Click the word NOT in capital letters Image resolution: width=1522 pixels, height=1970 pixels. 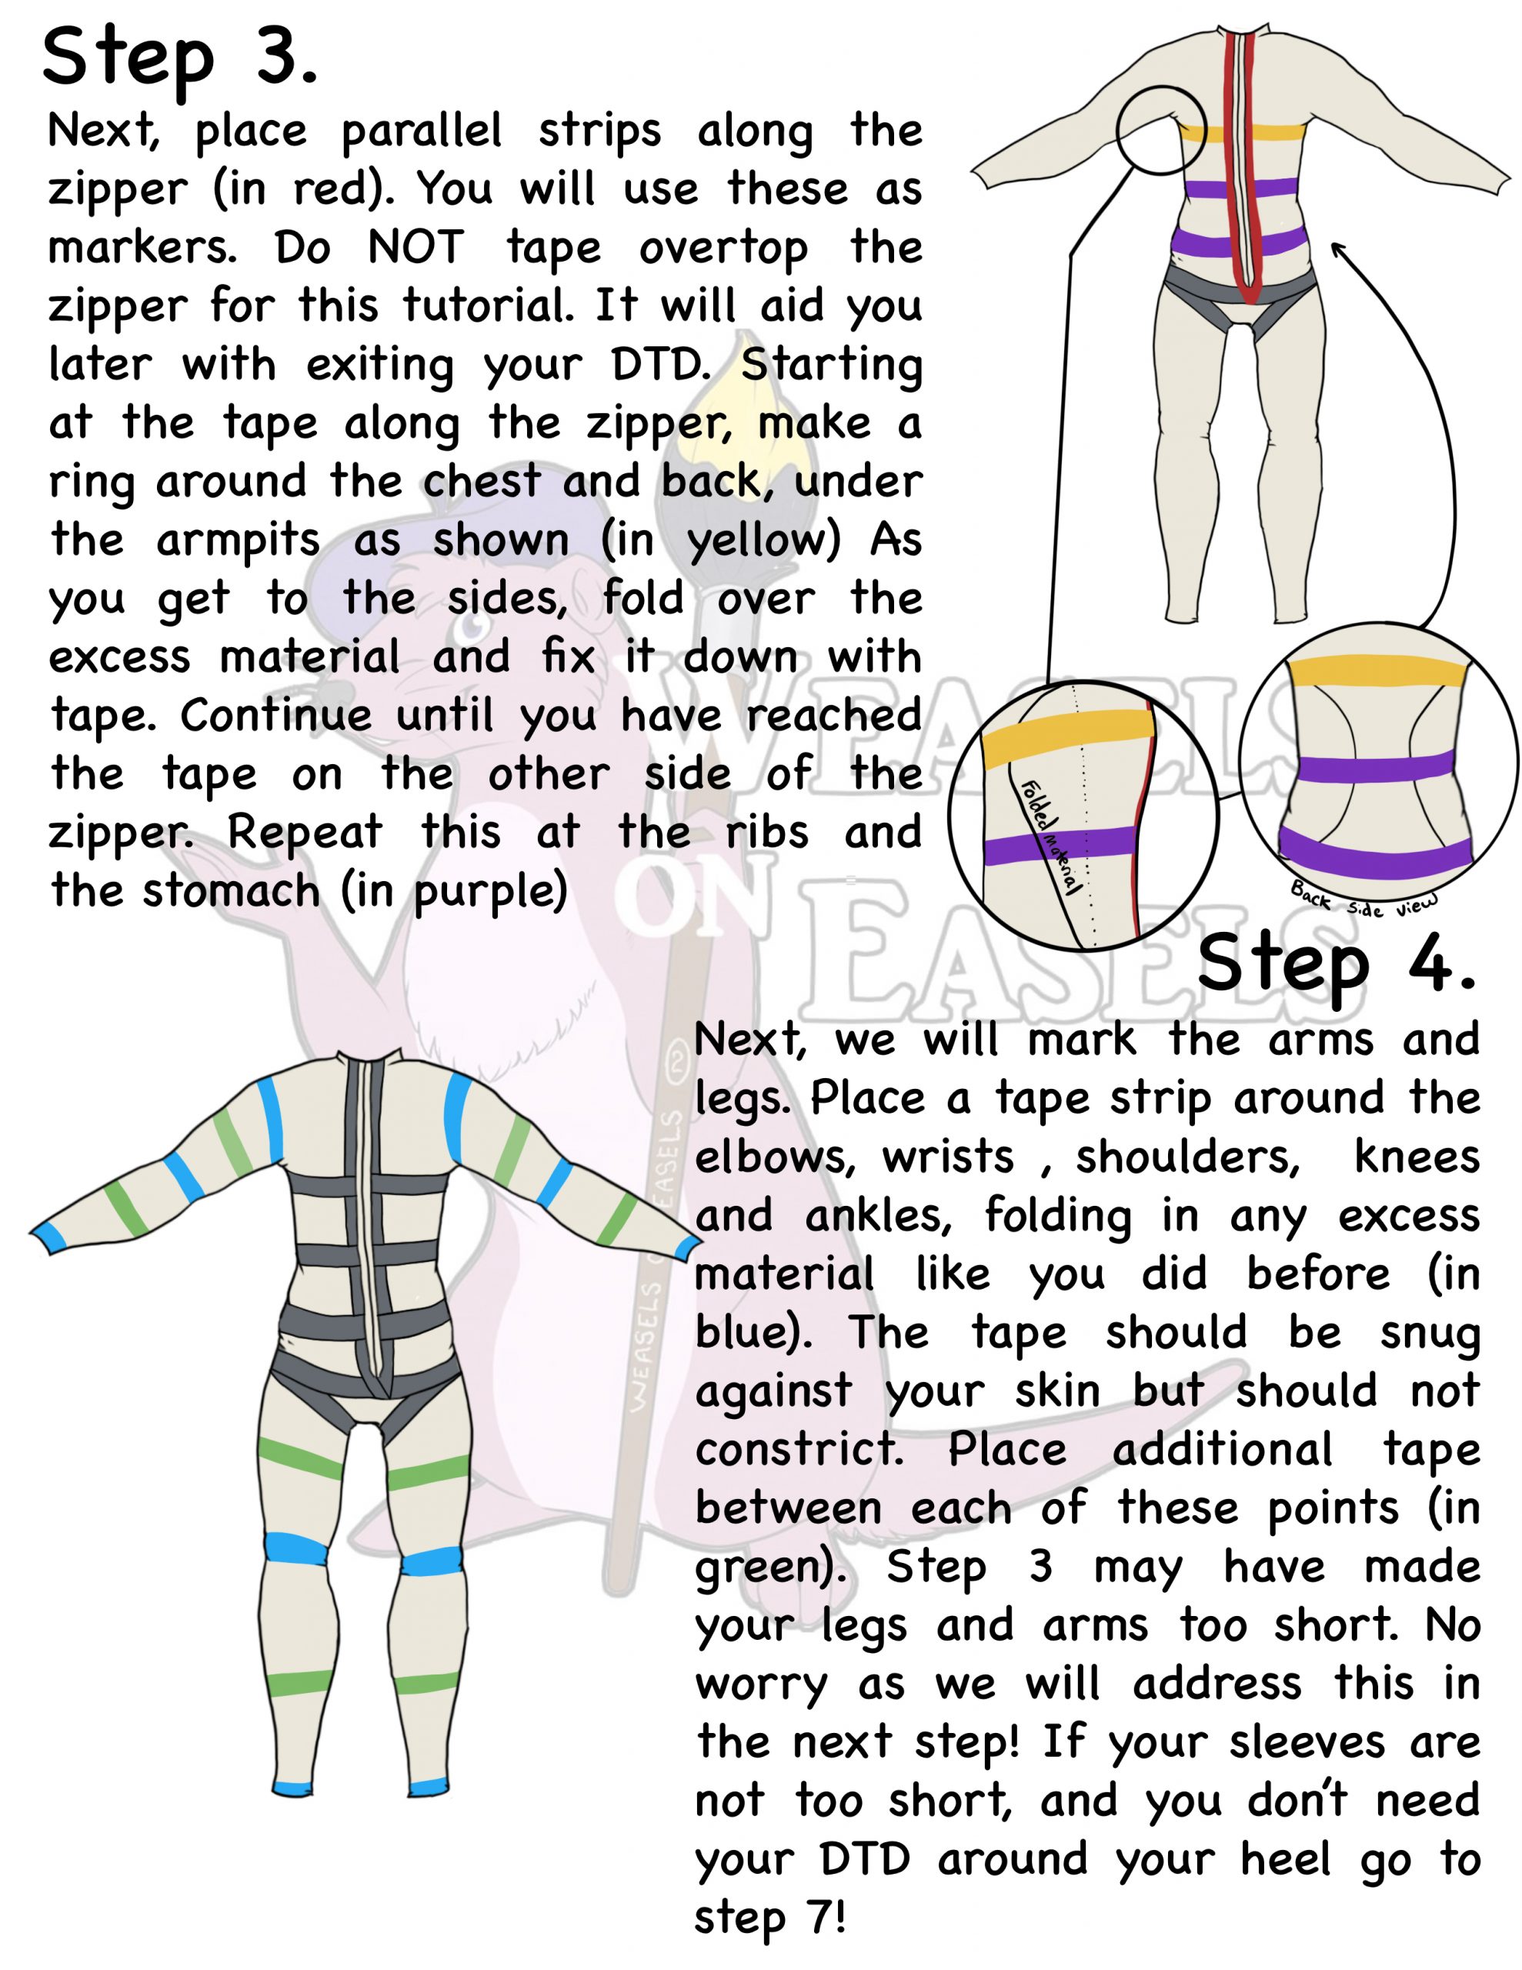tap(416, 247)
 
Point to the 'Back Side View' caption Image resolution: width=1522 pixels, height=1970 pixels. tap(1363, 900)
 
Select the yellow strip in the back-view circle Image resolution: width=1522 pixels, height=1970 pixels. tap(1376, 671)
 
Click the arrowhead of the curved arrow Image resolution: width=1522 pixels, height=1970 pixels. tap(1340, 251)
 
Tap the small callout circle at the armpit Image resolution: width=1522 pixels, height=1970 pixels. tap(1161, 130)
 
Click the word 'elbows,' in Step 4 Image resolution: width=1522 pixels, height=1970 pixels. tap(774, 1157)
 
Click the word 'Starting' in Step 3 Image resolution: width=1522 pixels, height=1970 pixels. tap(831, 366)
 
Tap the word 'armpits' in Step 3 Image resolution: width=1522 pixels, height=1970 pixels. tap(239, 542)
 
